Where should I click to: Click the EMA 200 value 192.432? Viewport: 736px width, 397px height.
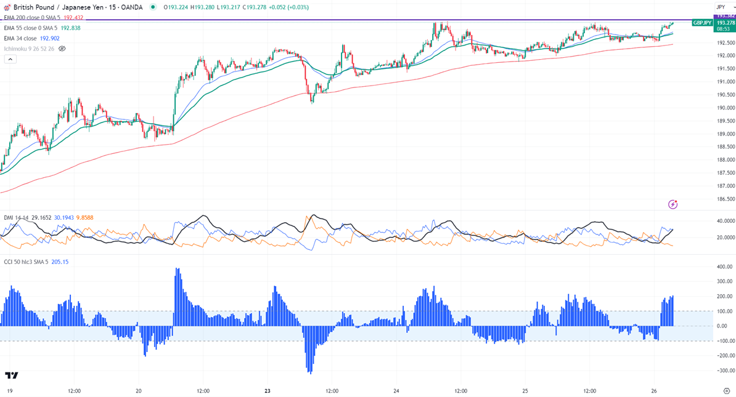pos(73,18)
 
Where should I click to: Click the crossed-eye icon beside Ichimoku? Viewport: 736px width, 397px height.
pos(62,49)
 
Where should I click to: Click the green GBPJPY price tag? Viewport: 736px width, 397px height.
pos(702,23)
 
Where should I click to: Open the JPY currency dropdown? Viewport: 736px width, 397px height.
pos(721,7)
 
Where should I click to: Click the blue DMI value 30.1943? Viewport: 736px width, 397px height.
pos(64,218)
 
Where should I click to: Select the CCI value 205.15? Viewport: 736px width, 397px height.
pos(59,262)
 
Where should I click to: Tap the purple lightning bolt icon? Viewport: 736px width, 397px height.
pos(673,204)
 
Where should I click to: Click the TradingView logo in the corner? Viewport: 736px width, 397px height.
pos(11,375)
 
